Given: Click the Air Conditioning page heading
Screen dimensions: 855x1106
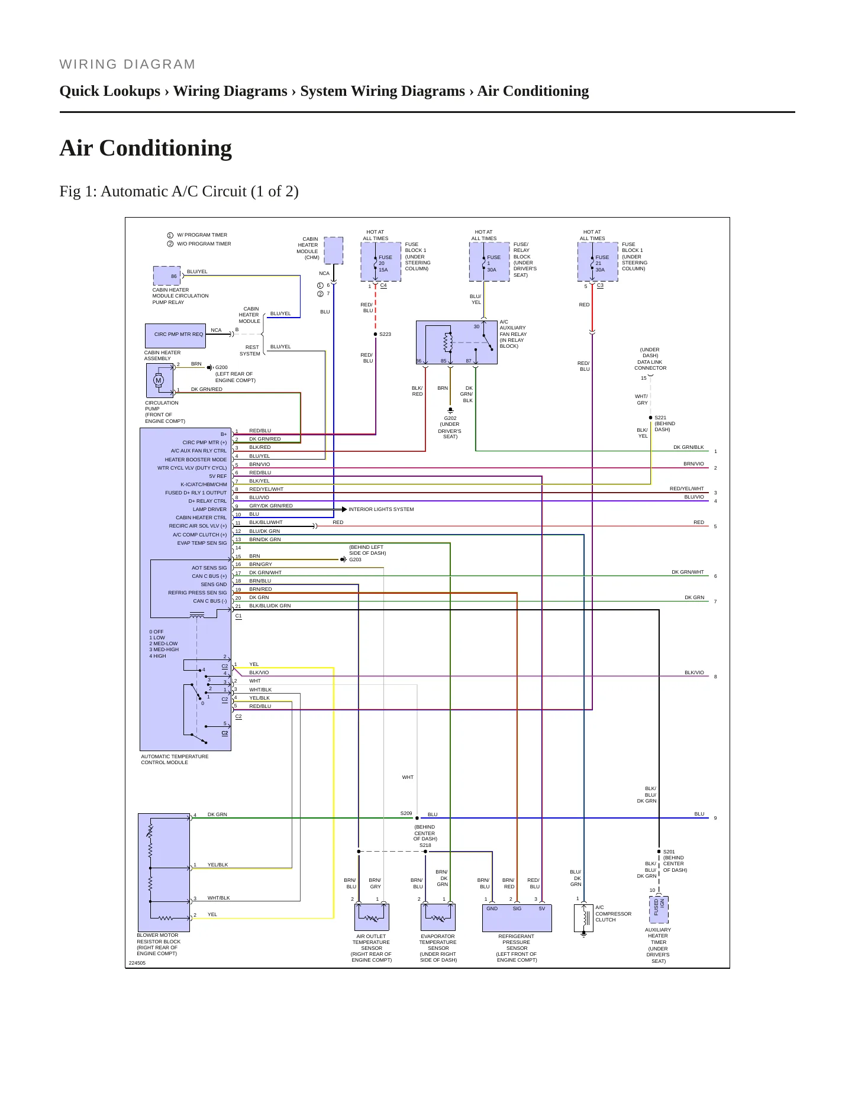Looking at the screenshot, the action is coord(146,148).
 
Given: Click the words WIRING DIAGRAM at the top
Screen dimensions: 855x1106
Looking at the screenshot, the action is coord(127,64).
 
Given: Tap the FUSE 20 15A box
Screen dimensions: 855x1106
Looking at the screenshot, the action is coord(380,262).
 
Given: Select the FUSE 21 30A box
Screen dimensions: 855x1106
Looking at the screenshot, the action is coord(598,262).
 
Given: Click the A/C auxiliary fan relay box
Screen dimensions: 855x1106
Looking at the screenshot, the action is coord(456,342).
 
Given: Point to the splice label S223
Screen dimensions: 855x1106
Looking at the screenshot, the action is coord(385,334).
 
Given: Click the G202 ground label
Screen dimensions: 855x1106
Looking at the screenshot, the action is coord(450,418).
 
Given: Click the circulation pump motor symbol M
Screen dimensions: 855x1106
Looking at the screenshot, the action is coord(159,380).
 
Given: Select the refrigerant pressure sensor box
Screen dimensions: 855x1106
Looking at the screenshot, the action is coord(517,918).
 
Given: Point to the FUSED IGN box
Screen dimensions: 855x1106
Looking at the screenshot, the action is coord(659,909).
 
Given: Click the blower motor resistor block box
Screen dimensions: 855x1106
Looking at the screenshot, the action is coord(164,872).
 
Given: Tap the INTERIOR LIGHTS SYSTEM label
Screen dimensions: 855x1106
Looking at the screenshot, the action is coord(381,509).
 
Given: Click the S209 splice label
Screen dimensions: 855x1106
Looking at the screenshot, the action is coord(406,813).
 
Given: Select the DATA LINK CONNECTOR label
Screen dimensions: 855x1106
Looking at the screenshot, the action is coord(650,365).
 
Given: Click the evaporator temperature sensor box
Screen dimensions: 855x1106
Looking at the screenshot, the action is coord(438,918).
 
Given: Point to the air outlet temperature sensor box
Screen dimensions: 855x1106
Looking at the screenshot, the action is coord(372,918).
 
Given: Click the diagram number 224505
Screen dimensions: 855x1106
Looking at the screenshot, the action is coord(137,963).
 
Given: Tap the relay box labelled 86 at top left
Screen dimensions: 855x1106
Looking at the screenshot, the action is coord(167,276).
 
